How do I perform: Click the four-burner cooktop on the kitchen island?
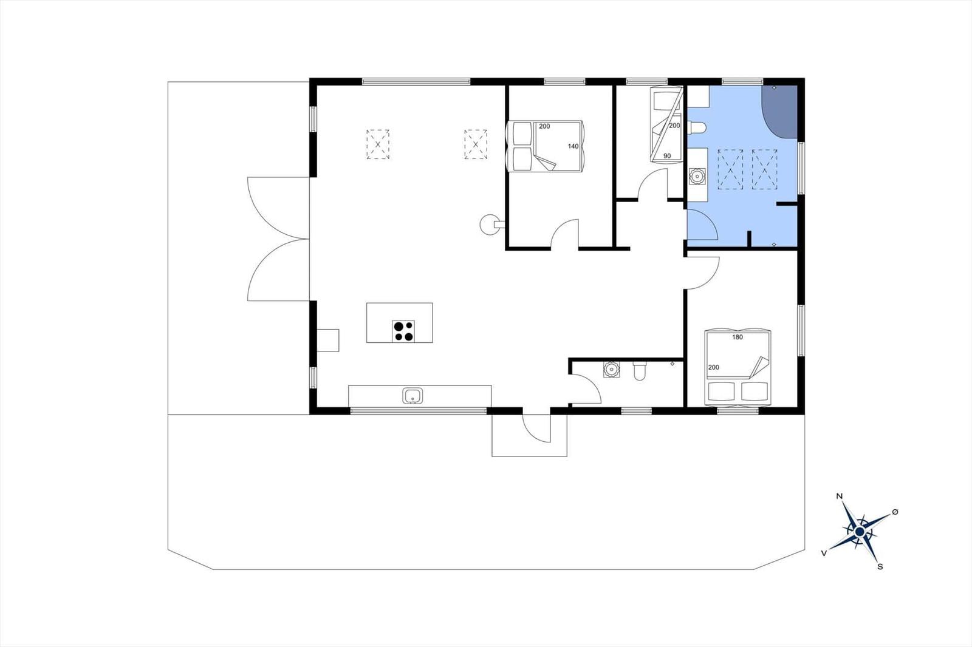[x=403, y=331]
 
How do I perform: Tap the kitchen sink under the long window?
[x=412, y=396]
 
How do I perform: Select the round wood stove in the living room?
[x=490, y=225]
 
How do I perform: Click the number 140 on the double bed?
[x=573, y=146]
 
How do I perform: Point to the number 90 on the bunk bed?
[x=667, y=156]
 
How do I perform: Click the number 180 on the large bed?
[x=738, y=337]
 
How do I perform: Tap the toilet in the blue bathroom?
[x=697, y=128]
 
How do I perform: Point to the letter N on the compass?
[x=840, y=496]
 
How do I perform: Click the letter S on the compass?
[x=880, y=566]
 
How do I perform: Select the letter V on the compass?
[x=824, y=553]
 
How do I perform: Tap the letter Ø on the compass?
[x=895, y=512]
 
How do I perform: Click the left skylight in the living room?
[x=377, y=144]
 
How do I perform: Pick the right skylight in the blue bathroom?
[x=765, y=169]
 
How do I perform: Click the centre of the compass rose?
[x=860, y=531]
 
